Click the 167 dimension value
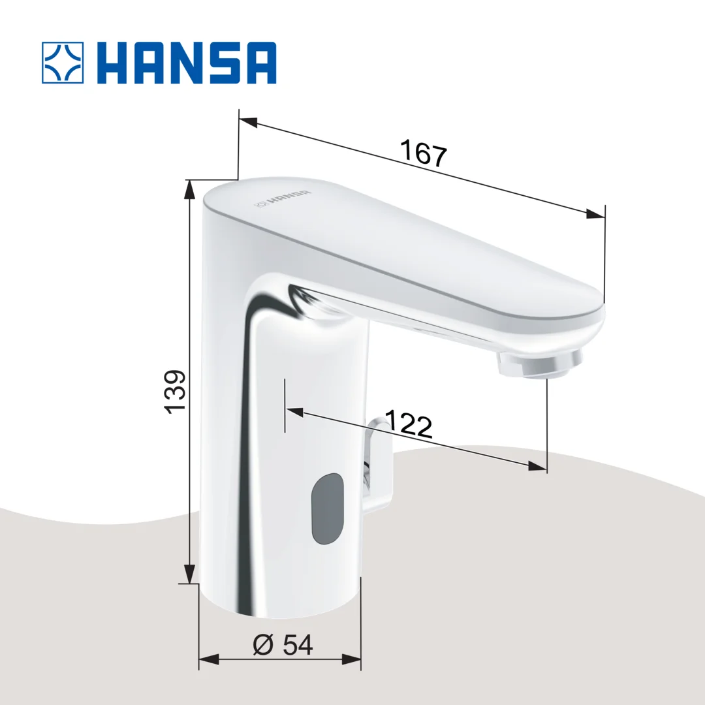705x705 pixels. click(423, 155)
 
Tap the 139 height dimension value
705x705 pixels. click(175, 392)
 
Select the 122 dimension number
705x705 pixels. click(409, 425)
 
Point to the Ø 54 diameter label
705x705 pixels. click(283, 645)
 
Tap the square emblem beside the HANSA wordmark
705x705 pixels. click(63, 63)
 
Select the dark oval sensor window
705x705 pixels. click(327, 510)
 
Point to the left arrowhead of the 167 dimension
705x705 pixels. click(248, 122)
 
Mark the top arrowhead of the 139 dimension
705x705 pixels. click(190, 189)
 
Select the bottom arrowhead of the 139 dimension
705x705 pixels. click(190, 574)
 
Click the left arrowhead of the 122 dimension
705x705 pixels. click(295, 413)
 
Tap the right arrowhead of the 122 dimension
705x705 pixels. click(537, 466)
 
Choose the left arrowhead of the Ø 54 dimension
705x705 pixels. click(208, 659)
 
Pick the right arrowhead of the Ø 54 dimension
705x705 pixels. click(352, 659)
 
